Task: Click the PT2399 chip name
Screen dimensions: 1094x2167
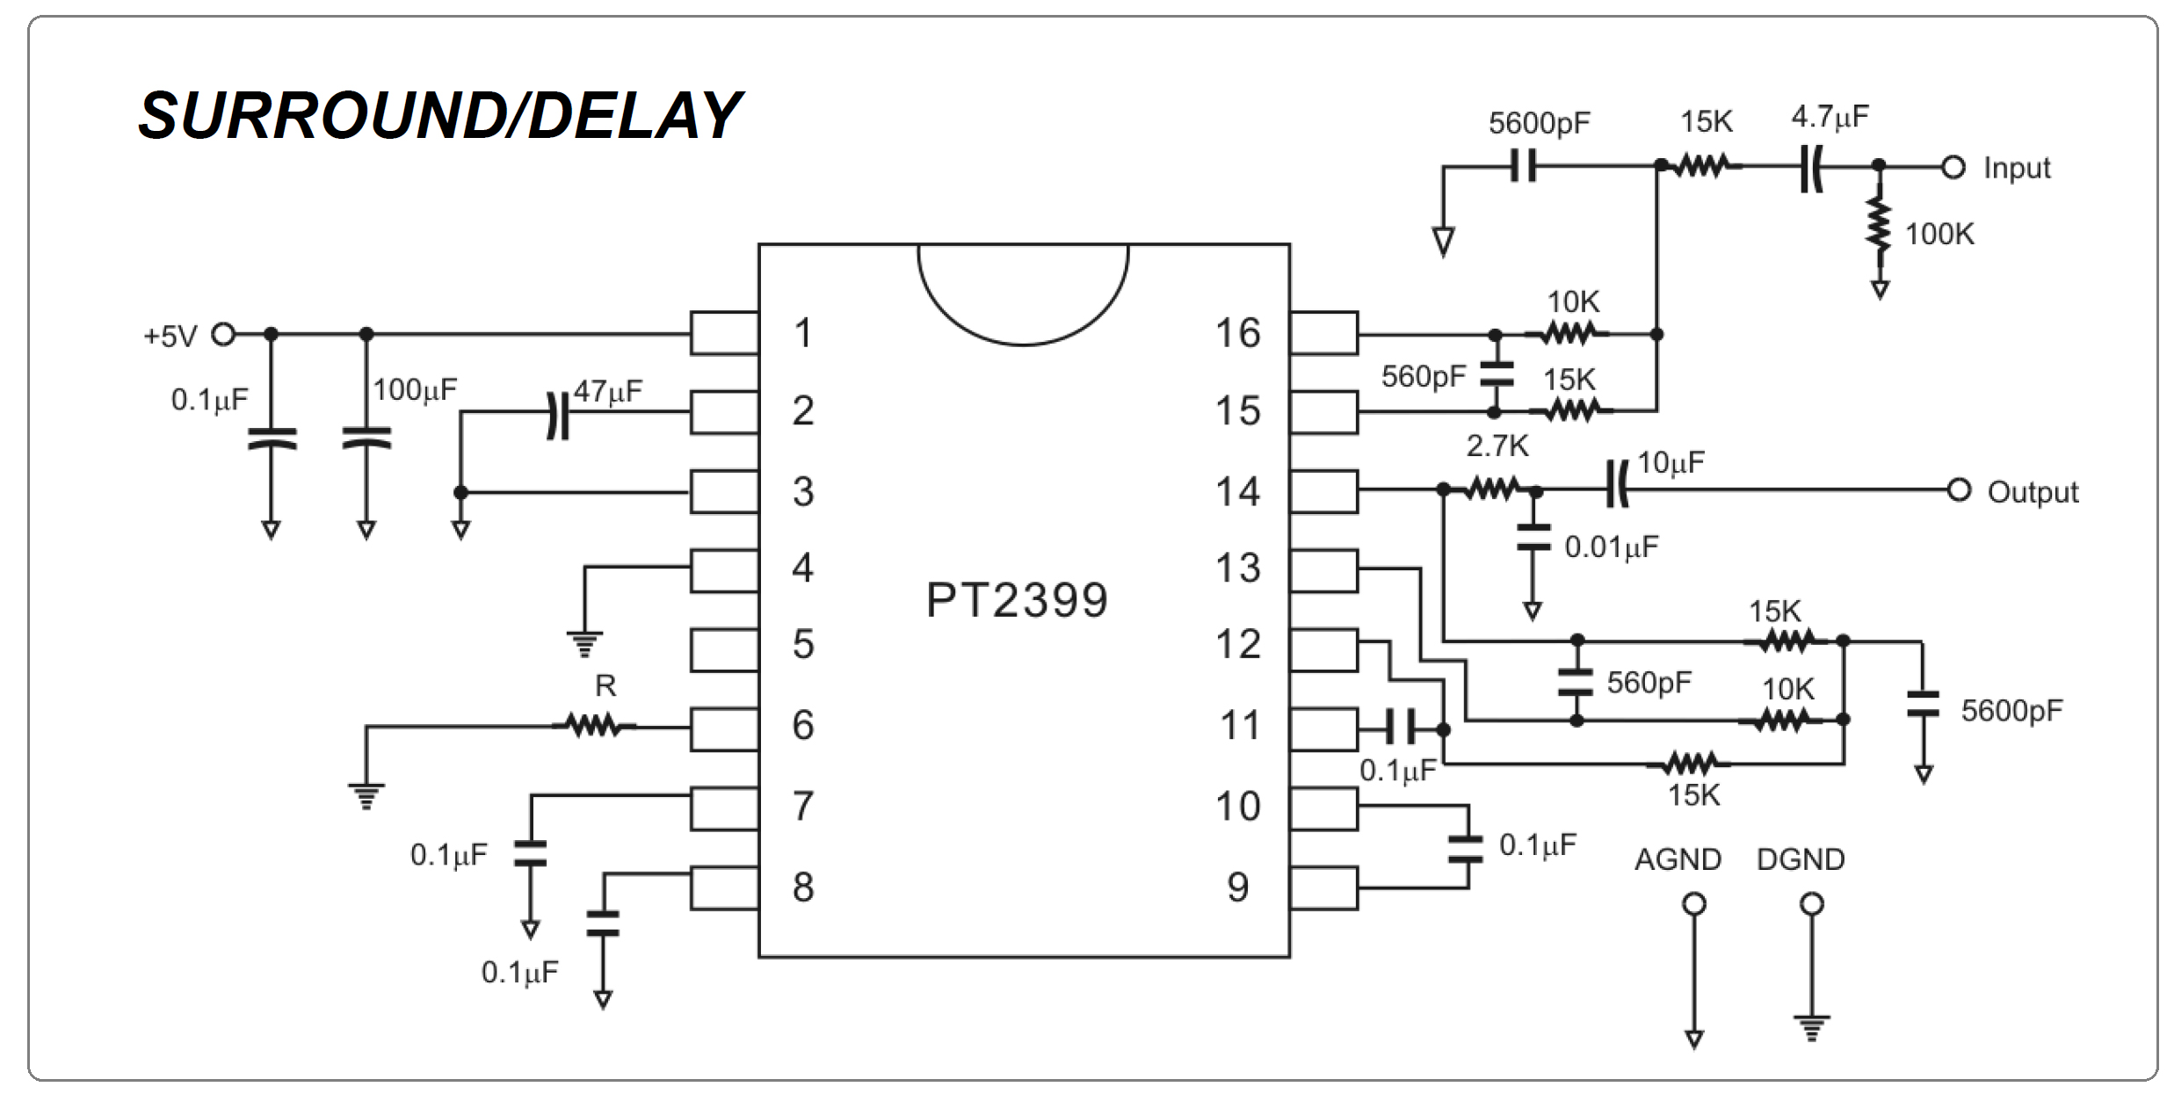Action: coord(1017,601)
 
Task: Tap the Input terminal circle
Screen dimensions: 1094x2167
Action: coord(1953,167)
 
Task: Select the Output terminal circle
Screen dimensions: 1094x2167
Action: coord(1959,490)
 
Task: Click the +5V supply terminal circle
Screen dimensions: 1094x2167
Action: coord(224,335)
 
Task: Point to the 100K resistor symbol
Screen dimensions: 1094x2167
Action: coord(1879,225)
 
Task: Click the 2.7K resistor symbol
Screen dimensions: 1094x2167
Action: coord(1491,489)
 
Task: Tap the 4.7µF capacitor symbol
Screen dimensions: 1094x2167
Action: coord(1810,168)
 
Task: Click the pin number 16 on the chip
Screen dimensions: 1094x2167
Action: coord(1237,334)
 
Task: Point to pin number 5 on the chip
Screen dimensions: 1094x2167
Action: coord(803,645)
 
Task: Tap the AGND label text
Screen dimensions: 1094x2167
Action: coord(1677,859)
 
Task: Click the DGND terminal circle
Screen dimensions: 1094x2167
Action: coord(1812,903)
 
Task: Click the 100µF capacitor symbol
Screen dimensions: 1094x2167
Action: coord(366,438)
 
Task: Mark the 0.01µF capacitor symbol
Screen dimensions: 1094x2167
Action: coord(1533,537)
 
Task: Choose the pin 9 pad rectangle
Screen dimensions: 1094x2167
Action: coord(1323,888)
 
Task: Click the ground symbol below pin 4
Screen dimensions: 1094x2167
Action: coord(584,644)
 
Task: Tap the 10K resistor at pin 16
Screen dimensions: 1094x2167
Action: coord(1568,334)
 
